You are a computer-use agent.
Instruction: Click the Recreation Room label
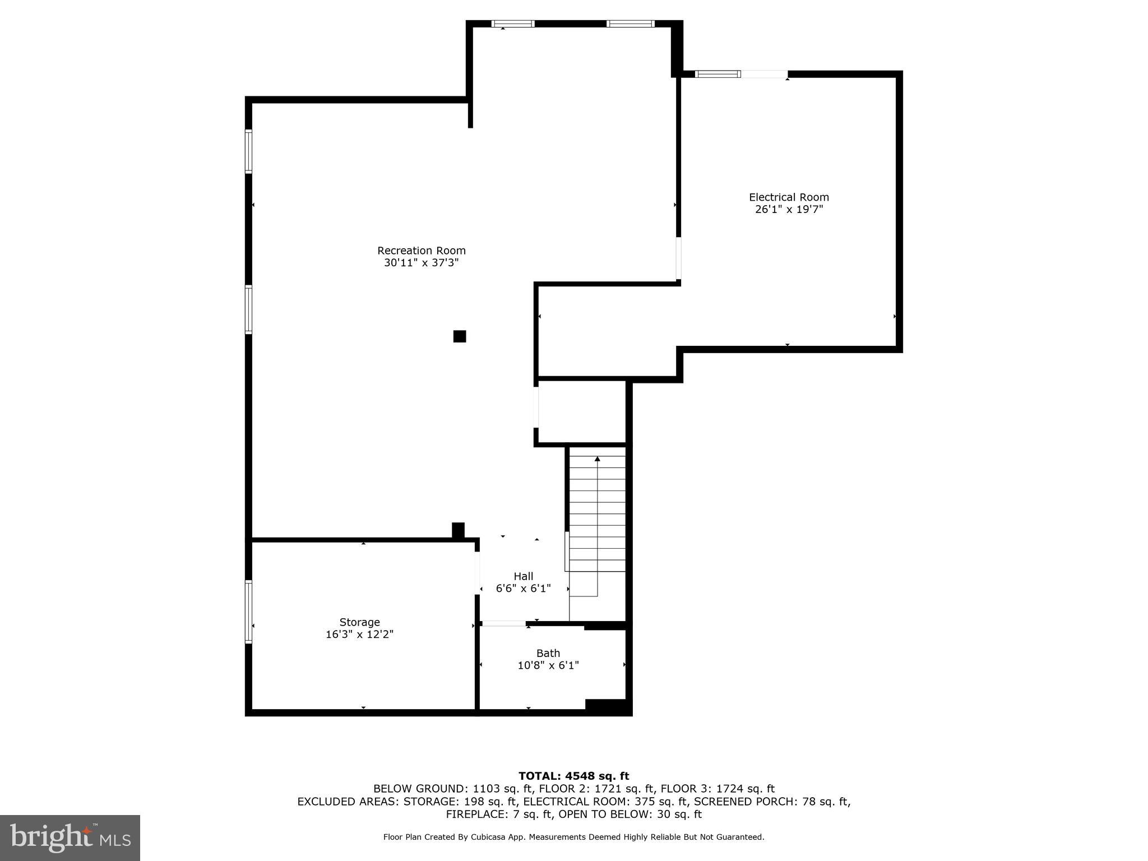421,251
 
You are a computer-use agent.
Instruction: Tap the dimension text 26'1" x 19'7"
789,210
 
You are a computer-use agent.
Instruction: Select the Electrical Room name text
789,197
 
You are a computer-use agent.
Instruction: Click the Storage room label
359,622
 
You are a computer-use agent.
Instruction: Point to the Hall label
523,576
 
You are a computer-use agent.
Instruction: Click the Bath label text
548,653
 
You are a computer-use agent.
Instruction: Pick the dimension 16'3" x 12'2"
359,635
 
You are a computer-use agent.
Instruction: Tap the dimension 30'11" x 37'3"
421,263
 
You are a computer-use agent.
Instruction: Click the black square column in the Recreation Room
460,336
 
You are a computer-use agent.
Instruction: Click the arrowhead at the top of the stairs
597,459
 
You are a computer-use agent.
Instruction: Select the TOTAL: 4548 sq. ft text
573,776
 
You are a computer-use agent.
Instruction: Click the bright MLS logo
70,837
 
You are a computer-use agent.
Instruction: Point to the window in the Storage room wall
248,612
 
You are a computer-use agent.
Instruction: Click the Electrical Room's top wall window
717,74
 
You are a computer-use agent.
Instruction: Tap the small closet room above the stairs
582,412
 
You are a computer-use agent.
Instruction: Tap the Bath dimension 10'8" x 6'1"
548,665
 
